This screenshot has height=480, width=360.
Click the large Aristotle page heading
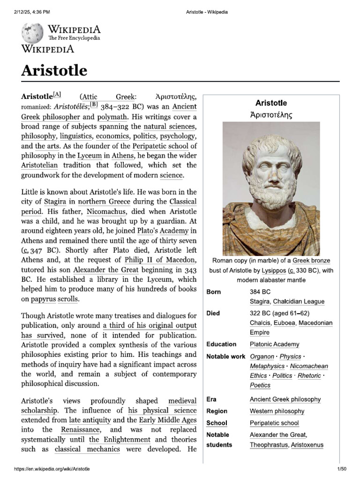click(x=54, y=70)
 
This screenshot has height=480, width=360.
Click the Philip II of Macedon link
click(x=160, y=260)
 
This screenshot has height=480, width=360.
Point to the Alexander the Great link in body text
click(x=105, y=270)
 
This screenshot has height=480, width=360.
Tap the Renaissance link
click(x=80, y=429)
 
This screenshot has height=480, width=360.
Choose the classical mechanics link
click(x=87, y=449)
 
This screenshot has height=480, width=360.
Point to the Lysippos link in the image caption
click(x=274, y=270)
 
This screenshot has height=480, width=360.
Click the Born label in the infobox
click(x=214, y=292)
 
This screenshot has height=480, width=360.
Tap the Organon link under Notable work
click(x=262, y=357)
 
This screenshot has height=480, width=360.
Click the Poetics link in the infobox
click(x=260, y=385)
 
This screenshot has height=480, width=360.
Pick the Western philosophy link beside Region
click(x=277, y=411)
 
